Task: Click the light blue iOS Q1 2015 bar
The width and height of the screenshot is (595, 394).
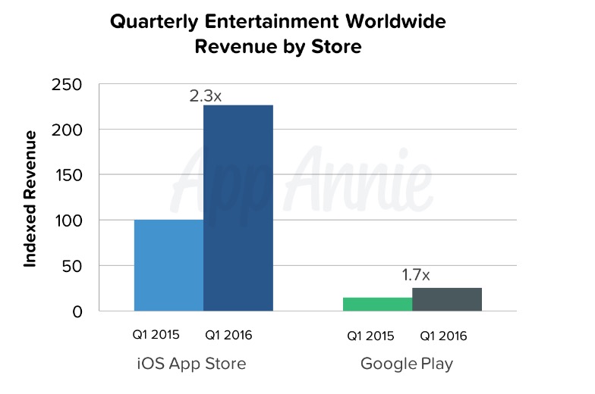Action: pyautogui.click(x=168, y=265)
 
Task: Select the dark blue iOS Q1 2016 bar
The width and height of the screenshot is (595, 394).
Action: pyautogui.click(x=238, y=208)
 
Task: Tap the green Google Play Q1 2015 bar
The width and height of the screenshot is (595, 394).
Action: pyautogui.click(x=377, y=304)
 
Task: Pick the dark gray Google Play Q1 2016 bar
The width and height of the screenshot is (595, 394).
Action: pyautogui.click(x=446, y=299)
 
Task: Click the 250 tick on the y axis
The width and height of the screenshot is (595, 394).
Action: pyautogui.click(x=69, y=84)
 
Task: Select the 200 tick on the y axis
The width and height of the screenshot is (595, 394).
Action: pyautogui.click(x=69, y=130)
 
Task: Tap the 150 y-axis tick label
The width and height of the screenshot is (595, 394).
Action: pyautogui.click(x=69, y=175)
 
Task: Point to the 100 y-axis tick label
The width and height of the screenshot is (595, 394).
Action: pyautogui.click(x=69, y=220)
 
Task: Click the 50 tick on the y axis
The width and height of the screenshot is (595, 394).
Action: pyautogui.click(x=74, y=266)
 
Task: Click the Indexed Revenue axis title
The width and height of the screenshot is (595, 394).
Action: pyautogui.click(x=30, y=199)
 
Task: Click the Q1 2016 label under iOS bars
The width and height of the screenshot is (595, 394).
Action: pyautogui.click(x=229, y=335)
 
